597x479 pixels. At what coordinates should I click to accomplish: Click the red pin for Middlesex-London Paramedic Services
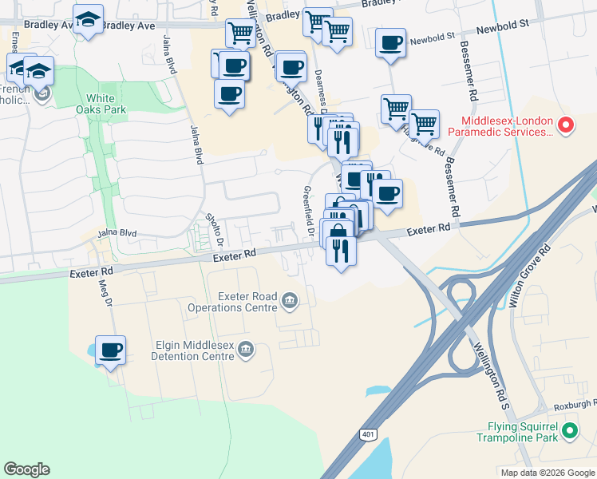(x=565, y=125)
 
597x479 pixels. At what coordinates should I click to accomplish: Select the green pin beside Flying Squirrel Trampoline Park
(x=569, y=432)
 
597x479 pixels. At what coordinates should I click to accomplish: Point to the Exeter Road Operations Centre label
(x=232, y=301)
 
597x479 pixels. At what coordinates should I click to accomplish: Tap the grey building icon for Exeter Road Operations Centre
(x=289, y=301)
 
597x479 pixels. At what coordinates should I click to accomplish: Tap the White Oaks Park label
(x=106, y=104)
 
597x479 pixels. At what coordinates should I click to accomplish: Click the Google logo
(x=26, y=469)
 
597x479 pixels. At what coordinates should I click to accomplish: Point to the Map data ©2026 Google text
(x=548, y=473)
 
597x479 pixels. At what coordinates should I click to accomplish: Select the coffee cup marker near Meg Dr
(x=110, y=350)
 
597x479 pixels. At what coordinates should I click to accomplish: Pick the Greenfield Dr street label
(x=308, y=212)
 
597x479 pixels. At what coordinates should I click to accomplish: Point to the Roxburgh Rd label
(x=571, y=404)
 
